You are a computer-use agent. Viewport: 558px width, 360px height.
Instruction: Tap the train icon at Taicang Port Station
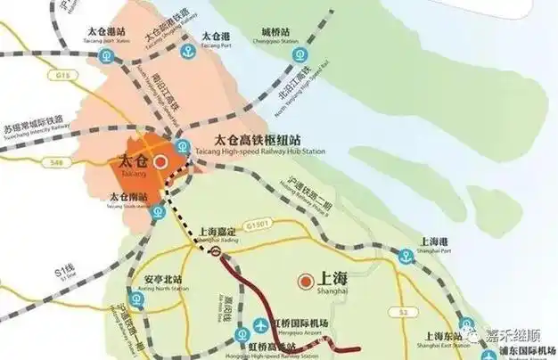pyautogui.click(x=107, y=55)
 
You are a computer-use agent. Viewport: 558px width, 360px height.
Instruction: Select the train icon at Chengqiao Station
pyautogui.click(x=300, y=55)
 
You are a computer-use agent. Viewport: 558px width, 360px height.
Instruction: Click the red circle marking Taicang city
pyautogui.click(x=160, y=164)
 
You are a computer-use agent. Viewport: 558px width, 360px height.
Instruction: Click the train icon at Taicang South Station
pyautogui.click(x=157, y=212)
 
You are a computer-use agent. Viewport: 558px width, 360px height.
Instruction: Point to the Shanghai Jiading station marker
pyautogui.click(x=216, y=254)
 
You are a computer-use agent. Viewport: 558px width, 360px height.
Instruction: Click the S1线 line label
pyautogui.click(x=64, y=271)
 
